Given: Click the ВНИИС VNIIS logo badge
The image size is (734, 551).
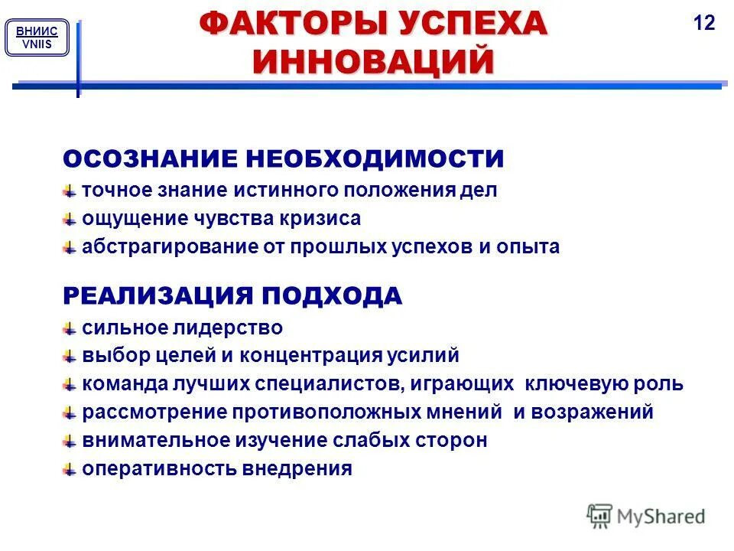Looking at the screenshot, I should point(37,37).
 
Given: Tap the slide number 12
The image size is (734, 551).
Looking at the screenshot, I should point(703,23).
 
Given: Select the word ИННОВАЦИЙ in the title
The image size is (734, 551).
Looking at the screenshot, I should point(373,61).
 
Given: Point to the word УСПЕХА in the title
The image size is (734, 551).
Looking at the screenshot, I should point(472,24).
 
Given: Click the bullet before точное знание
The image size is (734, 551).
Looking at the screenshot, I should point(70,191).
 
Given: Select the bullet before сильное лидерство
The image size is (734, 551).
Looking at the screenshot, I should point(70,329).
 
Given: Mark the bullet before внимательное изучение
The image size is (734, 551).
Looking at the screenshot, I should point(70,442).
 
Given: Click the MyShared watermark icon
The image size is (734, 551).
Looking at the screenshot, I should point(600,516).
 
